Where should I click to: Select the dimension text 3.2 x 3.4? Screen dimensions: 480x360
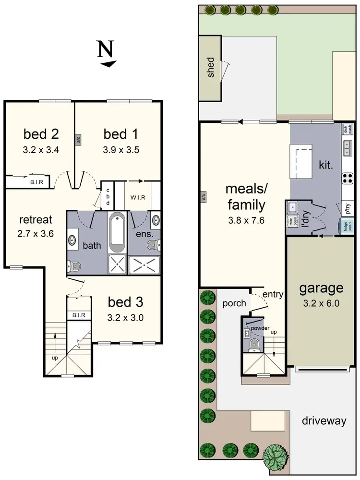tap(40, 150)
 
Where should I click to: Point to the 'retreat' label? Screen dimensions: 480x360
tap(36, 220)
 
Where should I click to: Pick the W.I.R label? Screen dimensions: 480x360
tap(138, 197)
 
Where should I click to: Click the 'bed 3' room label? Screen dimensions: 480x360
tap(125, 303)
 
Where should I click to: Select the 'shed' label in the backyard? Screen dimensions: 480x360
tap(210, 68)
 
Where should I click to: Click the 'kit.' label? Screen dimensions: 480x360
tap(326, 165)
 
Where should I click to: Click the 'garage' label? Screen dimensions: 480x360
tap(321, 288)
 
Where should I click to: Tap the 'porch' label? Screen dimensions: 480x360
tap(234, 303)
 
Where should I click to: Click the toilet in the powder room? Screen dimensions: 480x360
tap(253, 344)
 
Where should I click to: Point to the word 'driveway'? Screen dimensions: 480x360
tap(324, 421)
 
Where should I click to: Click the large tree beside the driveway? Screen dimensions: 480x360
tap(276, 455)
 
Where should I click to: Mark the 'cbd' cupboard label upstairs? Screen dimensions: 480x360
tap(108, 195)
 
